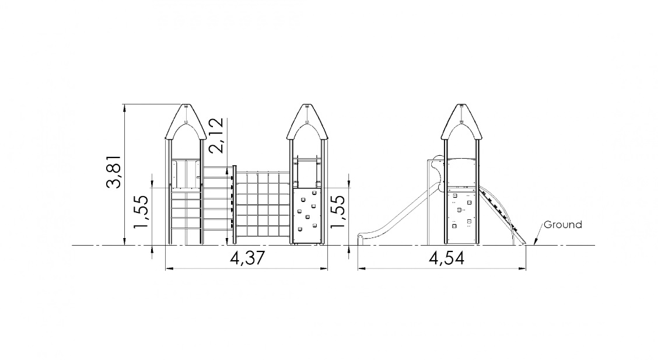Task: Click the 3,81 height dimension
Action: (x=114, y=172)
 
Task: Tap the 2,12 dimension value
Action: (x=216, y=135)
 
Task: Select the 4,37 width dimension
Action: (x=247, y=258)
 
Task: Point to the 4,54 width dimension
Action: (x=446, y=258)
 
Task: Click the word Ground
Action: (x=563, y=225)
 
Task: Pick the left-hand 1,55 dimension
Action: (x=141, y=212)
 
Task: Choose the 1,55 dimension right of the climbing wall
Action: (x=337, y=212)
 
